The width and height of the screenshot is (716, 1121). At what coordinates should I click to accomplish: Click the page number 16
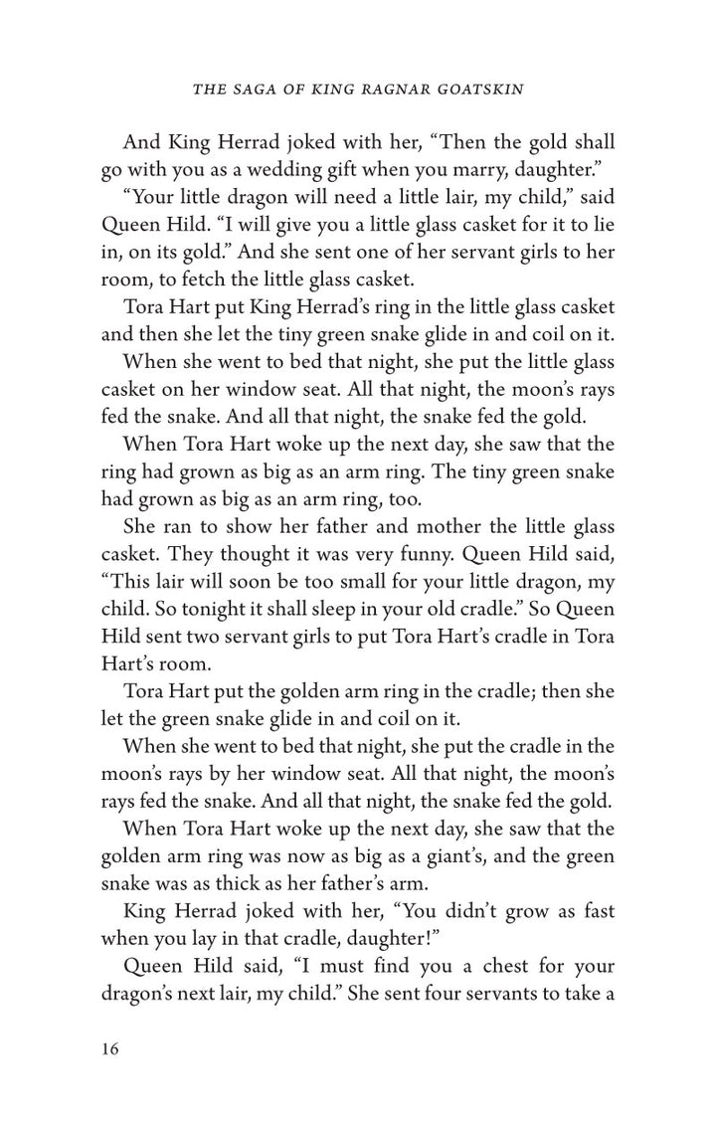point(110,1049)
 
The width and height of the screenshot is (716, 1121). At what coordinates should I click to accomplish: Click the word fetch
point(201,278)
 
